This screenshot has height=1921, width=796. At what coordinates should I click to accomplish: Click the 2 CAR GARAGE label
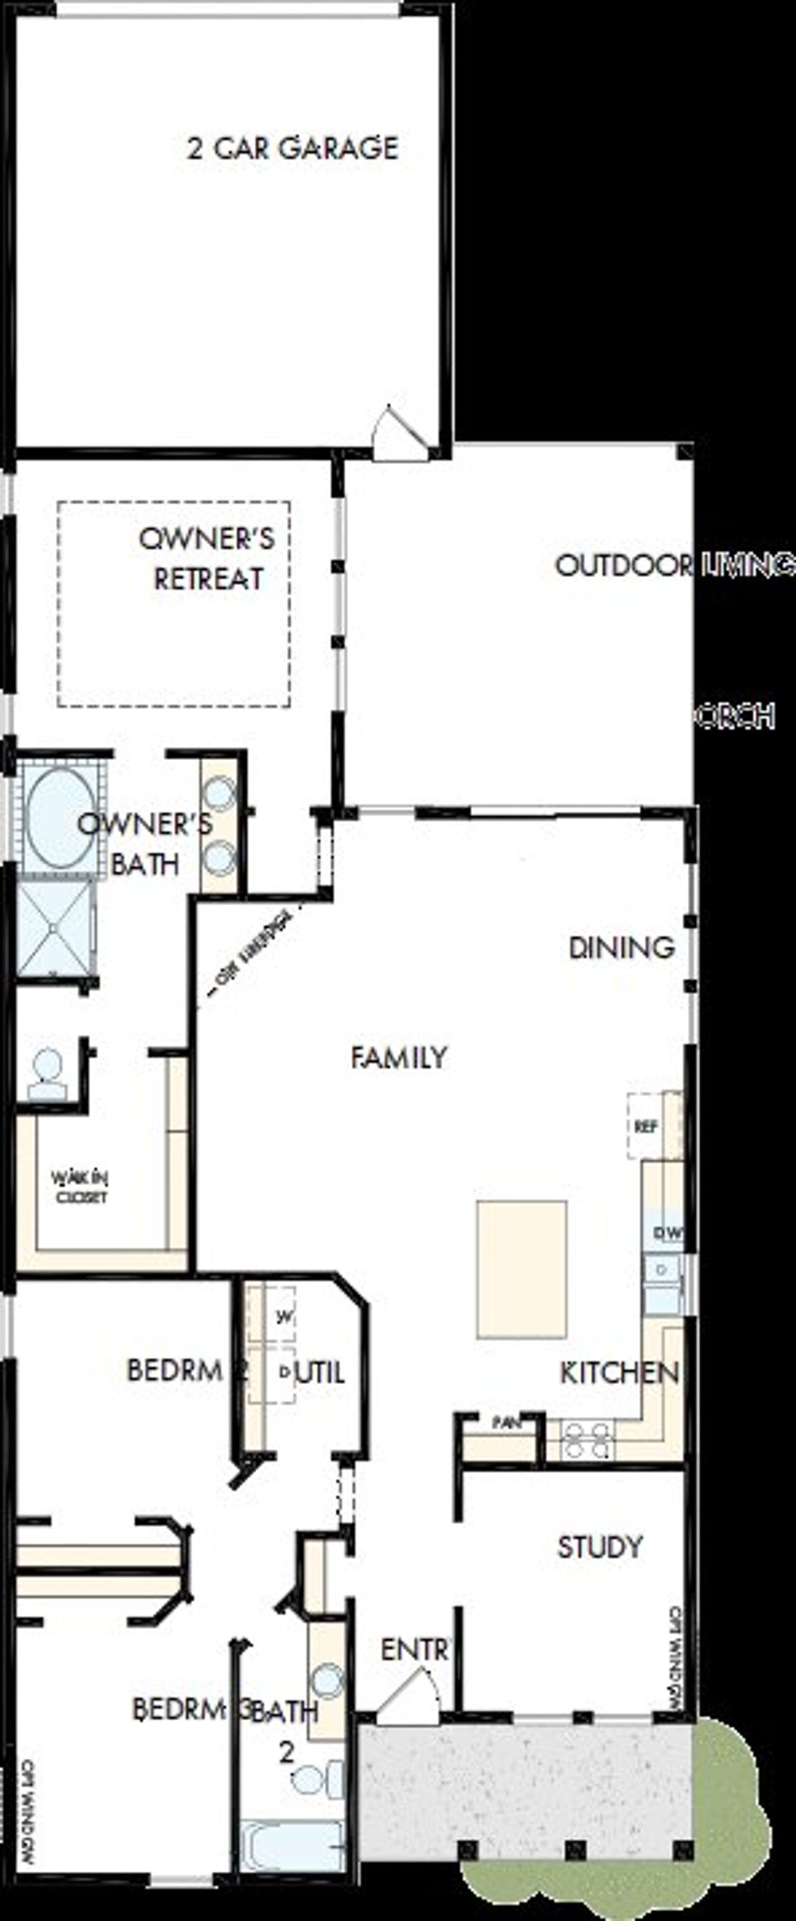pyautogui.click(x=292, y=149)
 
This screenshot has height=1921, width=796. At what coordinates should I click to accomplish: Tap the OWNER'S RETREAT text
pyautogui.click(x=207, y=559)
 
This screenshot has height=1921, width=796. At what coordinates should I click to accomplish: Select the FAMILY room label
pyautogui.click(x=399, y=1058)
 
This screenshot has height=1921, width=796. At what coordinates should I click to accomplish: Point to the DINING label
pyautogui.click(x=622, y=948)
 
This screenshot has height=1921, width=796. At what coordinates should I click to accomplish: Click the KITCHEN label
pyautogui.click(x=619, y=1373)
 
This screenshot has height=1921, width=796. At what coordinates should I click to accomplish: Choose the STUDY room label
pyautogui.click(x=600, y=1547)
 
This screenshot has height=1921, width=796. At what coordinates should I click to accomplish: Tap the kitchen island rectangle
pyautogui.click(x=522, y=1268)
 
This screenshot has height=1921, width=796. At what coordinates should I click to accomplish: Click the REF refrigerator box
pyautogui.click(x=646, y=1127)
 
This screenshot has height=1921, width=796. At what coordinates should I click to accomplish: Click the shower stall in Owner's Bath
pyautogui.click(x=55, y=928)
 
